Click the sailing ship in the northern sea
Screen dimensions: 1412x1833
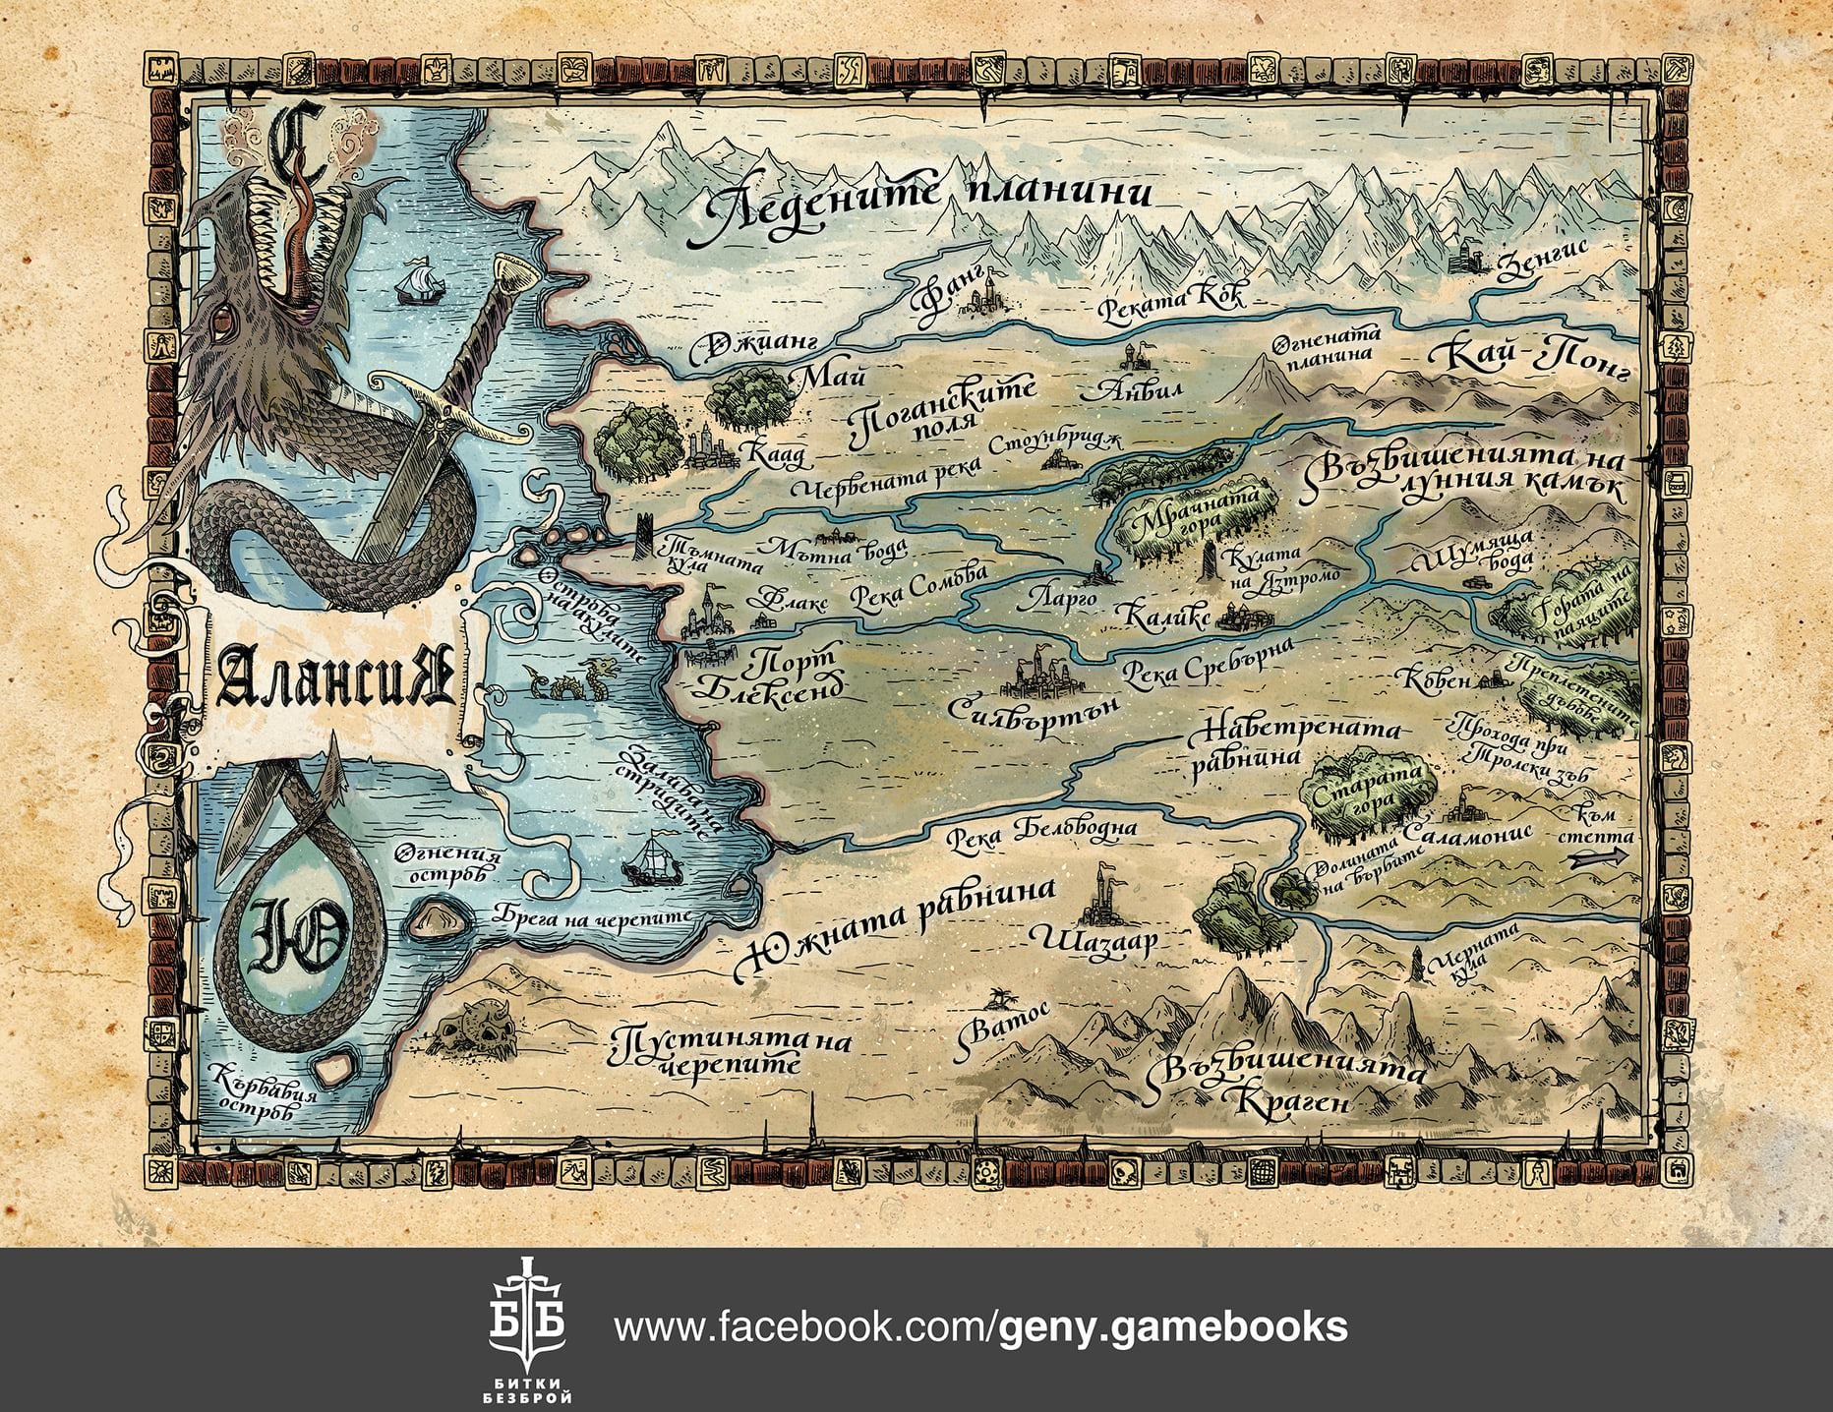pyautogui.click(x=417, y=282)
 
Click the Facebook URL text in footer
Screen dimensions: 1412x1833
pyautogui.click(x=980, y=1327)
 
